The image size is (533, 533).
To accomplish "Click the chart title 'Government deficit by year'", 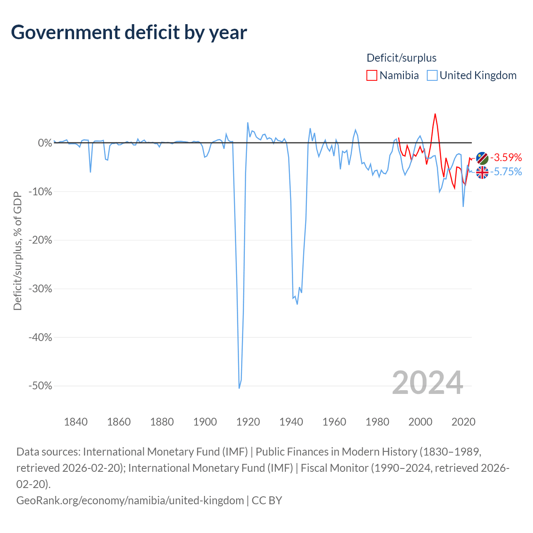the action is pos(129,32).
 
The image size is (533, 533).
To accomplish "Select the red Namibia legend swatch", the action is pos(371,75).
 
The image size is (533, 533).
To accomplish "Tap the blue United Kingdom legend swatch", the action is pos(432,75).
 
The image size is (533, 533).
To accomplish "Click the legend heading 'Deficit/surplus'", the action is pos(401,58).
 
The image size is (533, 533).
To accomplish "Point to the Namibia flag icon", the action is pos(482,158).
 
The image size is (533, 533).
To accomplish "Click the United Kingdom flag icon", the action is pos(482,172).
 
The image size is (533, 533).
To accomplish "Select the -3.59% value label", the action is pos(506,157).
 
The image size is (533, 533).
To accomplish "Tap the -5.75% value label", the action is pos(506,172).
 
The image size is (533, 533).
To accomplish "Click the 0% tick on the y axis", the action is pos(45,143).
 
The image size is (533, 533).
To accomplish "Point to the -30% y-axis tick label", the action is pos(40,289).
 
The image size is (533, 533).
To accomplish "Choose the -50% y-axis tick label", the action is pos(40,386).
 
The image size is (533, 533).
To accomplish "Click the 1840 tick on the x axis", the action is pos(76,422).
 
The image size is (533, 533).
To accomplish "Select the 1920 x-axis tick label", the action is pos(248,422).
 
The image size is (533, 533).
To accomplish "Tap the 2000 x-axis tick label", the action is pos(421,422).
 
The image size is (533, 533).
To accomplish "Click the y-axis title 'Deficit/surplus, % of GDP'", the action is pos(17,251).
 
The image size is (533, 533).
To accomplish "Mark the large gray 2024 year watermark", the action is pos(428,383).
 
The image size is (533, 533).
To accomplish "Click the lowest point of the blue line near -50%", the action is pos(239,388).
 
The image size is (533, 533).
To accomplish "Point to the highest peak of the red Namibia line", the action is pos(435,114).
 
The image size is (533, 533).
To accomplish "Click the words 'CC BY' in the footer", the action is pos(267,501).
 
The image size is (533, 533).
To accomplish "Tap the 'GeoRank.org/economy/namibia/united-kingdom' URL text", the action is pos(130,501).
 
